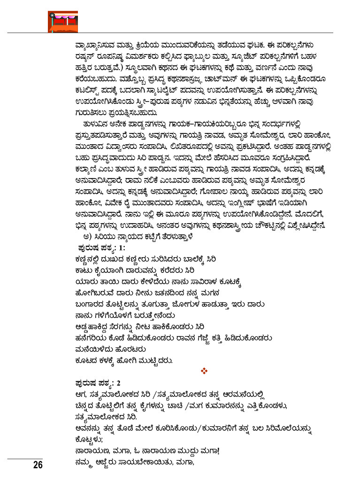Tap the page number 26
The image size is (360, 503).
38,465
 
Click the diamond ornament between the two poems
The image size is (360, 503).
204,371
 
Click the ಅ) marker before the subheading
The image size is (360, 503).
86,236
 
